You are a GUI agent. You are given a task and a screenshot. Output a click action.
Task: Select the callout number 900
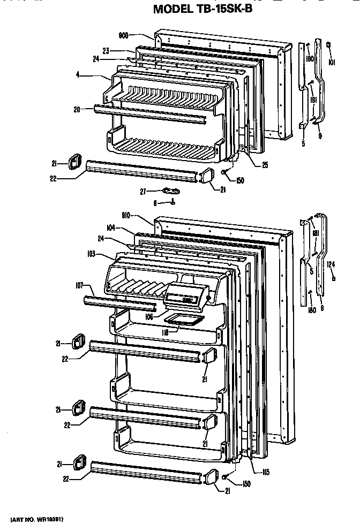(x=123, y=35)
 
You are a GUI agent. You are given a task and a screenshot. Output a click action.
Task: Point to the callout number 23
(x=107, y=51)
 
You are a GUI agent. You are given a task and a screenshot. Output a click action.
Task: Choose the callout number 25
(x=265, y=165)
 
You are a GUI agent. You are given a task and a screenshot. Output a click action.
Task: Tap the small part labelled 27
(x=171, y=190)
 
